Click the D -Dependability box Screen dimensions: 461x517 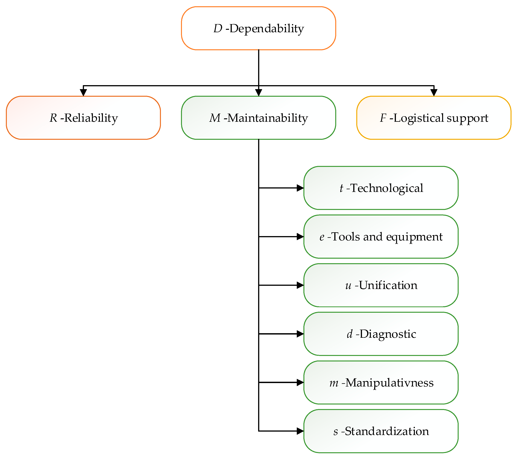click(x=258, y=28)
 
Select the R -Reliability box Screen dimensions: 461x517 click(x=83, y=118)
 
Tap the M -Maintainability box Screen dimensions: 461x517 click(x=258, y=118)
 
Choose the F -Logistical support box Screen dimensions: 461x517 click(x=434, y=118)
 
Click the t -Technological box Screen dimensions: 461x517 click(x=381, y=188)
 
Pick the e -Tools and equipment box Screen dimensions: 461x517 click(x=381, y=237)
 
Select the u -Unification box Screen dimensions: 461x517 click(x=381, y=285)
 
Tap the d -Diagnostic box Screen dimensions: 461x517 click(x=381, y=334)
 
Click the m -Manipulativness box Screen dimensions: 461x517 click(x=381, y=382)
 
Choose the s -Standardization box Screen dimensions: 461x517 click(x=381, y=431)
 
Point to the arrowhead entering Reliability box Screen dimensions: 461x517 click(x=83, y=93)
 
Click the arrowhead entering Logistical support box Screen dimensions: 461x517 click(x=434, y=93)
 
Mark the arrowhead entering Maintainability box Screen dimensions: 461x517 click(x=258, y=93)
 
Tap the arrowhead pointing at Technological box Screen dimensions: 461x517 click(x=300, y=188)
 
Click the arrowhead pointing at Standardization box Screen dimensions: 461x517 click(x=300, y=431)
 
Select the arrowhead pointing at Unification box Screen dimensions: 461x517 click(x=300, y=285)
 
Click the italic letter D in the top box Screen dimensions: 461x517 click(x=218, y=28)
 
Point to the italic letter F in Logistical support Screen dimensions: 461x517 click(x=383, y=118)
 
